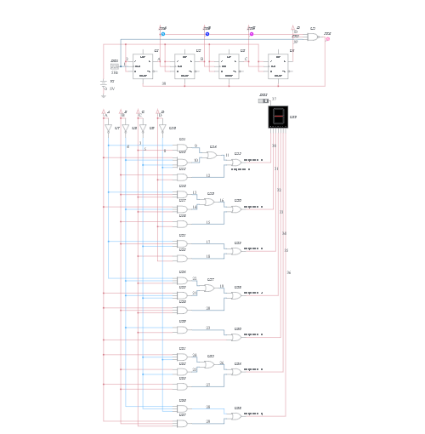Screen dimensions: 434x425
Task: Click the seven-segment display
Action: (278, 117)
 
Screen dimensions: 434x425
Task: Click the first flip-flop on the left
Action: (143, 66)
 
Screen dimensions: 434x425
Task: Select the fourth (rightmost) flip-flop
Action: (278, 66)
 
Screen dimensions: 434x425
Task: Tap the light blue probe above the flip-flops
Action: (163, 34)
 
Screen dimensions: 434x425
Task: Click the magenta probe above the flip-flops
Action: (252, 34)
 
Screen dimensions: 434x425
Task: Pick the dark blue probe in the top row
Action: (207, 34)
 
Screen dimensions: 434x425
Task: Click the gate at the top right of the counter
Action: (313, 37)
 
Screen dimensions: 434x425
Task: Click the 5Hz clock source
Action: (115, 66)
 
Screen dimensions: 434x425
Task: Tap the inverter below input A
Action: (108, 128)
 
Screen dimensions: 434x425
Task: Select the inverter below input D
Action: (161, 128)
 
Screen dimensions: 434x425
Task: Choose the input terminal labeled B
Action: (123, 113)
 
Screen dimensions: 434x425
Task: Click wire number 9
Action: (195, 146)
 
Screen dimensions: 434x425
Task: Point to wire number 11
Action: (227, 156)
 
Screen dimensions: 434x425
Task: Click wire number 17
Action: (207, 243)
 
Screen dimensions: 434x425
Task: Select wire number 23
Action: (207, 328)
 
